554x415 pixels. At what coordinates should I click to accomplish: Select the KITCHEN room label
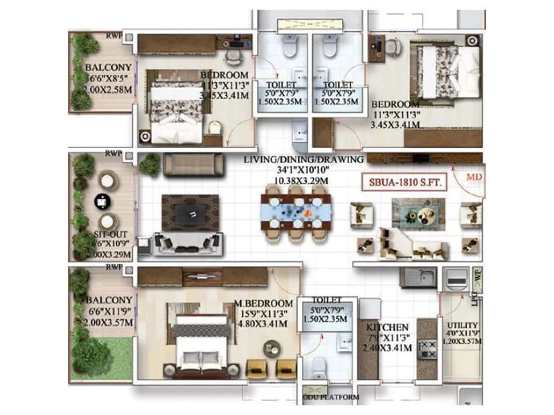coord(387,327)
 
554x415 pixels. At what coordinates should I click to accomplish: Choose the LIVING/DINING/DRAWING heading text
coord(303,160)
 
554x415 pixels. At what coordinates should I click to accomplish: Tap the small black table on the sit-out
coord(102,201)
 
